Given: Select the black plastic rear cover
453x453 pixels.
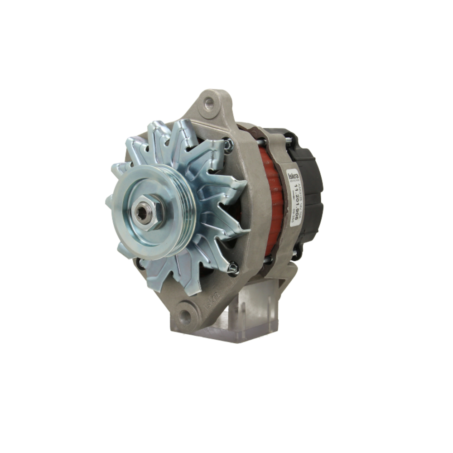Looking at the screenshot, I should (x=308, y=190).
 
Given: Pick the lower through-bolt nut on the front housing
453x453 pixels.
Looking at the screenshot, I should (x=233, y=268).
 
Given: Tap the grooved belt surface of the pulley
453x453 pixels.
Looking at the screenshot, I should (x=181, y=213).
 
